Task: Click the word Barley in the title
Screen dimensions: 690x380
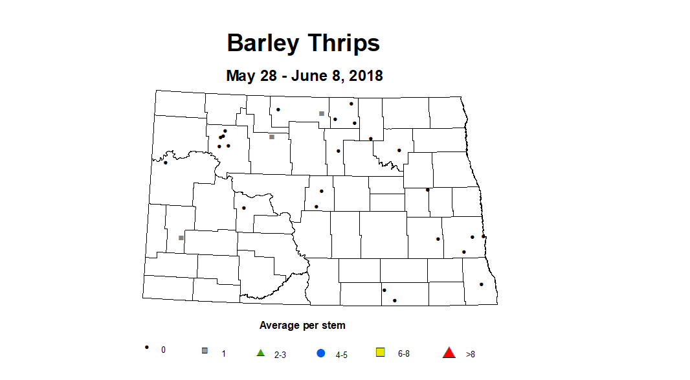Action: pos(262,43)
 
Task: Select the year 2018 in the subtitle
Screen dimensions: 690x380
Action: pos(366,76)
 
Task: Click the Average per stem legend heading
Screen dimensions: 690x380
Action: pos(302,325)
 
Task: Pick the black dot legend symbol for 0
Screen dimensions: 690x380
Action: pos(147,348)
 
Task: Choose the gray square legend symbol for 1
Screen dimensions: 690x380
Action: pos(205,351)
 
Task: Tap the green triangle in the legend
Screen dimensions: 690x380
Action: pos(261,352)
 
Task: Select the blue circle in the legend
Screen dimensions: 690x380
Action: pos(320,353)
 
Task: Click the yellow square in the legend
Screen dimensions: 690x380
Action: pos(381,352)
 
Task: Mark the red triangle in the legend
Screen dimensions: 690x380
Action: pos(449,352)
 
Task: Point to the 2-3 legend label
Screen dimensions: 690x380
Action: pos(280,355)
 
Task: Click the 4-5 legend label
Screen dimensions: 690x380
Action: pos(342,355)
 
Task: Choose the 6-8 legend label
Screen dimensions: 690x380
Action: pos(404,354)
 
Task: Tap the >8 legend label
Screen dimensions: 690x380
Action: pos(471,355)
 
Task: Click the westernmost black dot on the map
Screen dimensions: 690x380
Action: pos(165,162)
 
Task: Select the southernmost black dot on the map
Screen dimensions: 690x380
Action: pos(394,300)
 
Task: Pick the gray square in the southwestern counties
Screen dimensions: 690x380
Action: pos(181,238)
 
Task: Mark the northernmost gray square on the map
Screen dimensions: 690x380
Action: pos(321,113)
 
